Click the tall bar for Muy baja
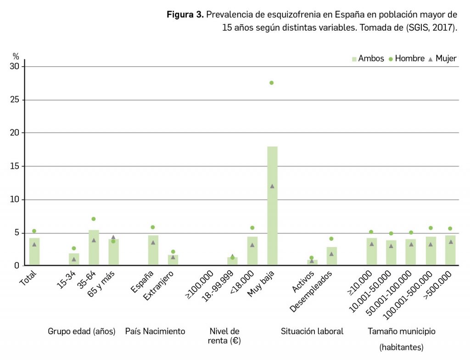tap(272, 206)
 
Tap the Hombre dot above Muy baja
tap(271, 83)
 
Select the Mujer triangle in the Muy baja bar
tap(272, 186)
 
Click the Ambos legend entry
tap(368, 59)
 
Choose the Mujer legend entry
tap(442, 59)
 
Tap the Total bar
tap(34, 251)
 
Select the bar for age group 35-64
tap(94, 248)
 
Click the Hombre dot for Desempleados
tap(331, 239)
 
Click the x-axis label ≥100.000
tap(200, 286)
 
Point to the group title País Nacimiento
tap(155, 331)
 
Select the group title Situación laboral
tap(312, 331)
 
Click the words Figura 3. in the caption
tap(185, 15)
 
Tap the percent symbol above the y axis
tap(16, 56)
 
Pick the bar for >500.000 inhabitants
tap(450, 250)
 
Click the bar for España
tap(153, 250)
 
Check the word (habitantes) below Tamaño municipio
tap(402, 348)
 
